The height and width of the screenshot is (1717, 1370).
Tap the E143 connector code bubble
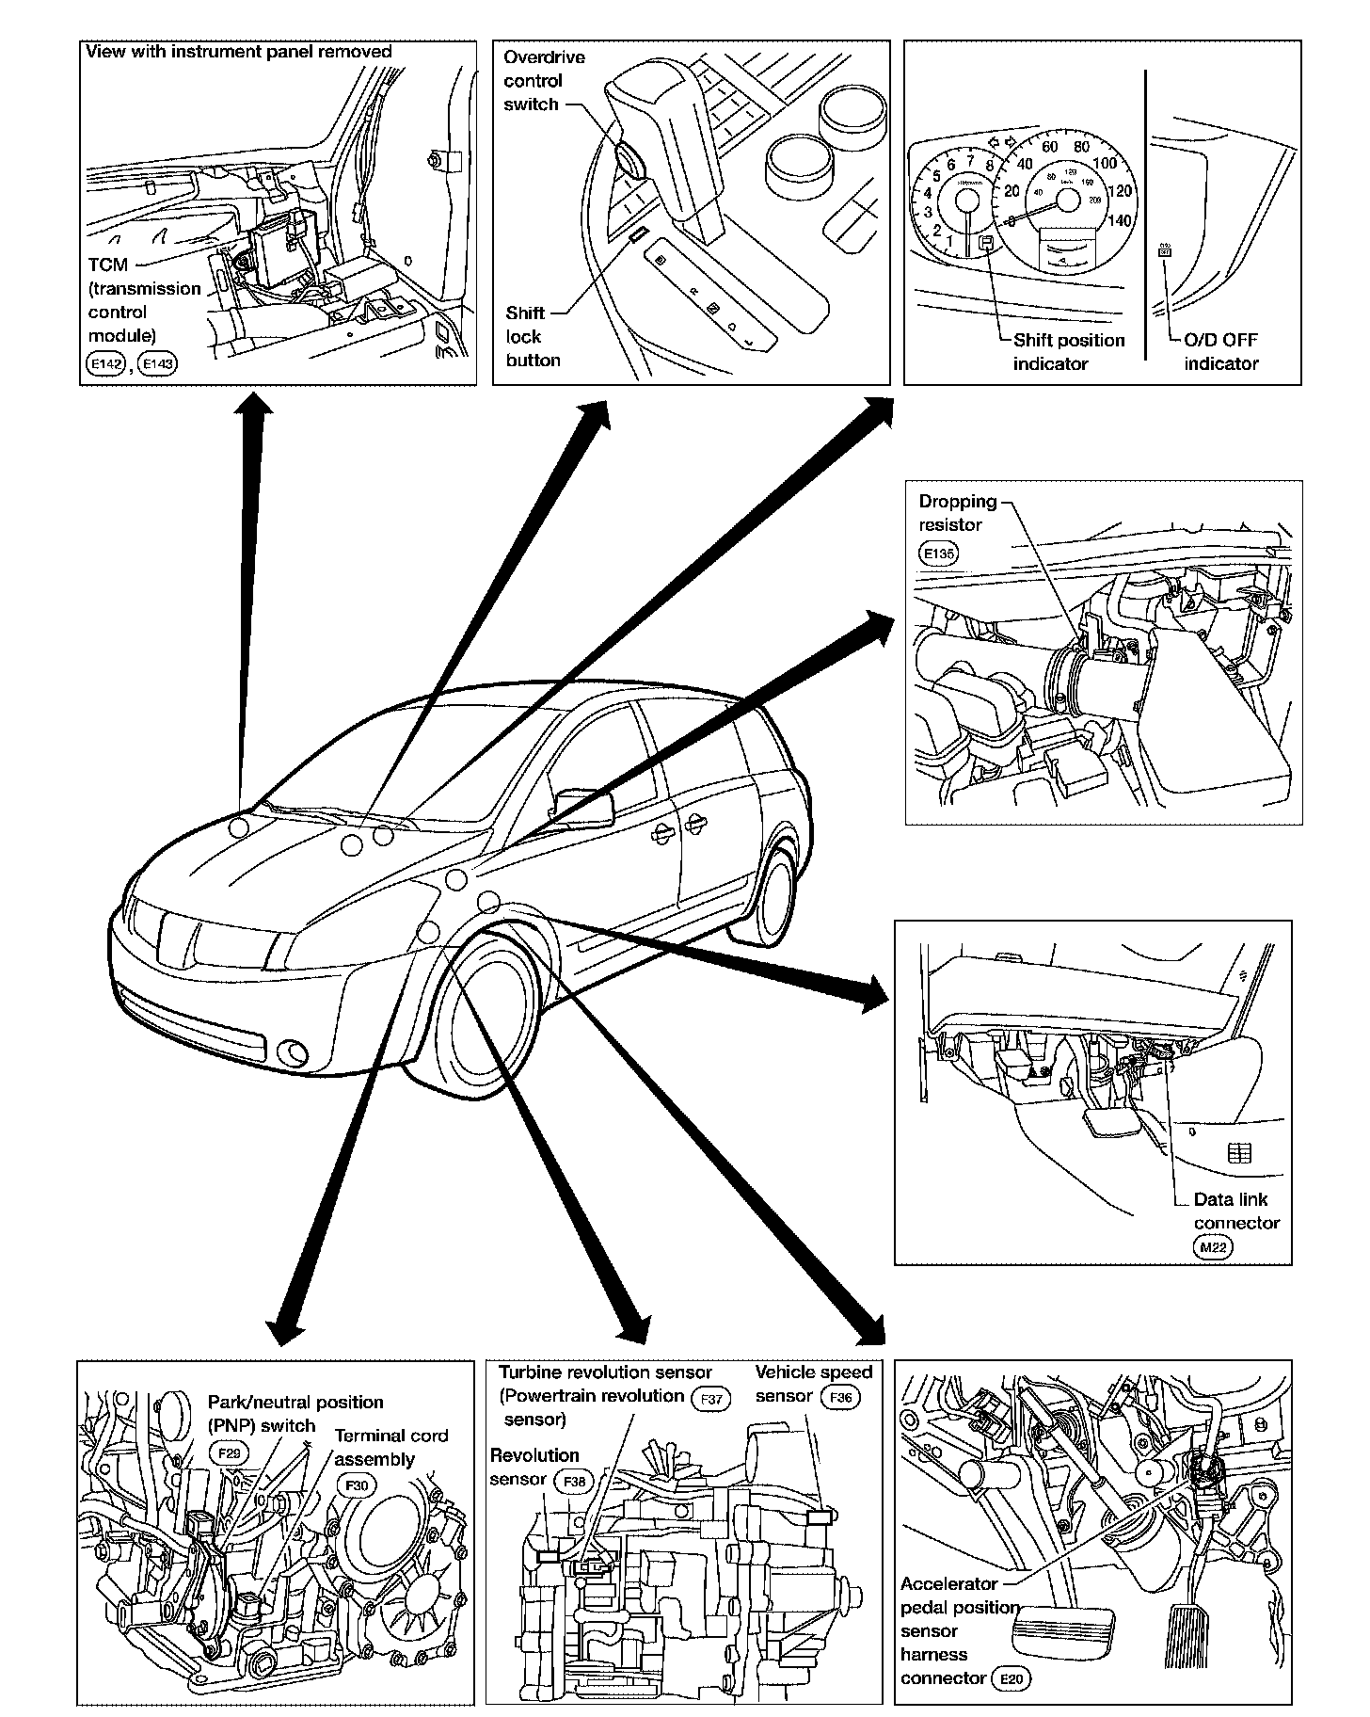(157, 363)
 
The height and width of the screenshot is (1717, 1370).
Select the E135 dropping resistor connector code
(938, 553)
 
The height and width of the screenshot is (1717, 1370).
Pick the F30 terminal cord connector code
(358, 1484)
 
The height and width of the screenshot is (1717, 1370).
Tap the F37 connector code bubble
(711, 1399)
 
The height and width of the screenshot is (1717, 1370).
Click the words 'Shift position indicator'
(1068, 352)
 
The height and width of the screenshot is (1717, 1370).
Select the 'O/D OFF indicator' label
(1221, 352)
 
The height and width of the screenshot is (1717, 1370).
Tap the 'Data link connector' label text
(1235, 1212)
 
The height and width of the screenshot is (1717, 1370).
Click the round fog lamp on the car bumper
(293, 1052)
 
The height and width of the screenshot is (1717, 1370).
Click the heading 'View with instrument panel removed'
(239, 52)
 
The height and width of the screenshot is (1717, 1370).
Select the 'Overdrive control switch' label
(544, 81)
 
